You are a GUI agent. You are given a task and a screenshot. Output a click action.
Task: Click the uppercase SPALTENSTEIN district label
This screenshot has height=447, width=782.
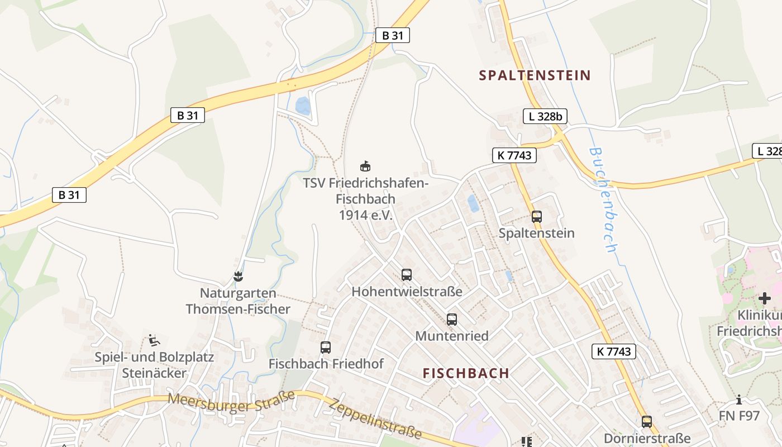(x=535, y=75)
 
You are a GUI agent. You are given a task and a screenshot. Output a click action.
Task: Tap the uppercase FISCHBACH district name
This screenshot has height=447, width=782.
(x=466, y=373)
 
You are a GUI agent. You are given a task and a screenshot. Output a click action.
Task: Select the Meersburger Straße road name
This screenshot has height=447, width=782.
(x=231, y=402)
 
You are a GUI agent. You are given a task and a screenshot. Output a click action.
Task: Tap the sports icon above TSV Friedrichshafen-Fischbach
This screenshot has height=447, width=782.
(x=365, y=166)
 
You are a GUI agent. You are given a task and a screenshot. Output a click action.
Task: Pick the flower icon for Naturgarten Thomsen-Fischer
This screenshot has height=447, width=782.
(x=239, y=276)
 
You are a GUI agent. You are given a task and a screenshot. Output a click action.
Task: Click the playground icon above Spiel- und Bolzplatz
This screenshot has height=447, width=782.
(x=154, y=340)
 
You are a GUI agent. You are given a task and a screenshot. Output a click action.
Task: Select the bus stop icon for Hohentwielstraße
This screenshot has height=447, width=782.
(x=407, y=275)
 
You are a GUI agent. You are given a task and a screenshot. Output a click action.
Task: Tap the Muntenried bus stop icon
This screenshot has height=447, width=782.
(x=452, y=320)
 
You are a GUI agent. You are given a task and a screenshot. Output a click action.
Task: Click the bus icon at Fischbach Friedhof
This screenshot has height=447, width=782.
(x=326, y=348)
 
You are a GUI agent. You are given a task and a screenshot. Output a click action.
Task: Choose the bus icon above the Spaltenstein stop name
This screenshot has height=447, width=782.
(x=537, y=217)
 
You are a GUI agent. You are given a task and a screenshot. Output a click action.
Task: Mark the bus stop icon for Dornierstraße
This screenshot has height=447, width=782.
(x=647, y=422)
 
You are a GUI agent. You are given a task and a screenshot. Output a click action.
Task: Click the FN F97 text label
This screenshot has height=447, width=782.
(x=740, y=416)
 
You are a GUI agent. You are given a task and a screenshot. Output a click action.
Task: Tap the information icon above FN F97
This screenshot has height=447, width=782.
(x=740, y=400)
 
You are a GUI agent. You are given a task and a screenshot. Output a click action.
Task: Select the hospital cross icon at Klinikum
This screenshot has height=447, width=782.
(x=764, y=298)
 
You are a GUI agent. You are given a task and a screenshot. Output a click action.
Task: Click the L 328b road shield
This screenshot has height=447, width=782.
(x=545, y=116)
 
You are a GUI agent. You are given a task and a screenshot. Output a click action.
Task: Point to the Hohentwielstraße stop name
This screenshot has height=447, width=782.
(x=407, y=292)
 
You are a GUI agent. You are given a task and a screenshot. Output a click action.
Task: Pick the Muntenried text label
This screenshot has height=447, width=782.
(x=452, y=336)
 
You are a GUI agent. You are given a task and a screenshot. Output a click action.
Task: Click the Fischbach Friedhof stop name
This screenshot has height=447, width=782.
(x=326, y=364)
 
